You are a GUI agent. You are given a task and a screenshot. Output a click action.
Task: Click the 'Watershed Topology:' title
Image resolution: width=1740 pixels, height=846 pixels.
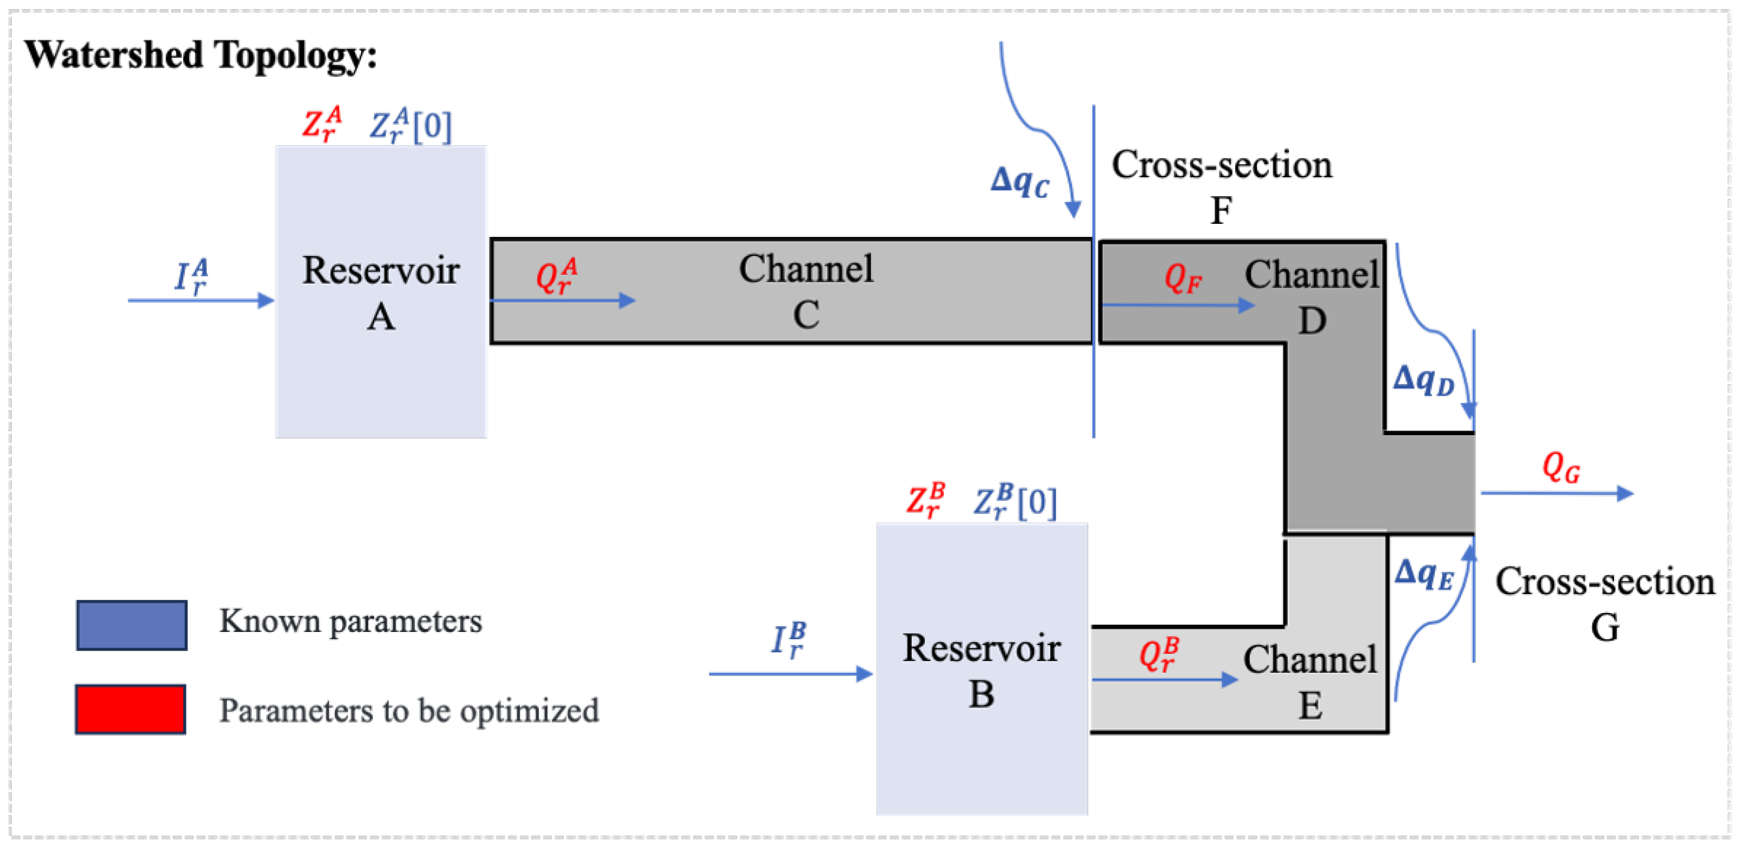[x=201, y=54]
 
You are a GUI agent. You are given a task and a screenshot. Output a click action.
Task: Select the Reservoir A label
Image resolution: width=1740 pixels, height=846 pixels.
[x=380, y=292]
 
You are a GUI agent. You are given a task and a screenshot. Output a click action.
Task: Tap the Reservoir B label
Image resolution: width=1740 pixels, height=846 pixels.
[x=981, y=670]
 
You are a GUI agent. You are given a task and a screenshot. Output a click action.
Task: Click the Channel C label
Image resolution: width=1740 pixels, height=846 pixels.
[x=806, y=291]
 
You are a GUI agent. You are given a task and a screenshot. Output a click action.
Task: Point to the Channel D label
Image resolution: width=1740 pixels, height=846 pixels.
[x=1311, y=297]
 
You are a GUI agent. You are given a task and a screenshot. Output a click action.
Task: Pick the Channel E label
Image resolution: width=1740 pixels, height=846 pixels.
[x=1309, y=682]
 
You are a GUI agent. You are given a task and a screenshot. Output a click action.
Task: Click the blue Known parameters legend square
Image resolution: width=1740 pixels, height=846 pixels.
[x=132, y=625]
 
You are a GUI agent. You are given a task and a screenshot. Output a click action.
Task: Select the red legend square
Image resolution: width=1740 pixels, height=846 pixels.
[x=131, y=709]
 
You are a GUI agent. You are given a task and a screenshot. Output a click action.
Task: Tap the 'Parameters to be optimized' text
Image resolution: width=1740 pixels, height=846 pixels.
[x=409, y=710]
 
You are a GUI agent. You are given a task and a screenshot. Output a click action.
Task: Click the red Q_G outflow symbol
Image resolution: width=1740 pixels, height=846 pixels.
[x=1561, y=467]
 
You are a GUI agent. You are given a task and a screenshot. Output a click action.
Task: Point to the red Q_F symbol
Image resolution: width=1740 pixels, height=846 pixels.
[x=1182, y=278]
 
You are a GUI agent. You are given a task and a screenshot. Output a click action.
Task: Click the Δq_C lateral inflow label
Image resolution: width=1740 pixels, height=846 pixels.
[x=1020, y=181]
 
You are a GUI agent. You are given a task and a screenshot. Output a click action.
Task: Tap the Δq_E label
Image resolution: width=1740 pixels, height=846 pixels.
[x=1423, y=574]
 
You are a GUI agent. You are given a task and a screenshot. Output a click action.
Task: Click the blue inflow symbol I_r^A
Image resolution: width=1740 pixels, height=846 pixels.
[x=191, y=276]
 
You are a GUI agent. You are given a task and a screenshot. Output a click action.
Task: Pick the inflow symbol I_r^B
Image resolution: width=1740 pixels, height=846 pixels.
[x=788, y=639]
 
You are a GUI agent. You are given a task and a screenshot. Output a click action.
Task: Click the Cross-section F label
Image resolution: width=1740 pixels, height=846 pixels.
[x=1221, y=186]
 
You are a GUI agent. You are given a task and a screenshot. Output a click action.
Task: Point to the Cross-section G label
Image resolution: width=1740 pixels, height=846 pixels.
[x=1604, y=604]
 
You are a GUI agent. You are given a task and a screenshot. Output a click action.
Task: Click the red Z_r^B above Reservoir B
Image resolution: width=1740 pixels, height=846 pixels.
[x=925, y=500]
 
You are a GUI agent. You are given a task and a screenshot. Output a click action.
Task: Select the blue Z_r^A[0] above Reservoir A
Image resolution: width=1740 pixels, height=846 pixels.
[x=410, y=125]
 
